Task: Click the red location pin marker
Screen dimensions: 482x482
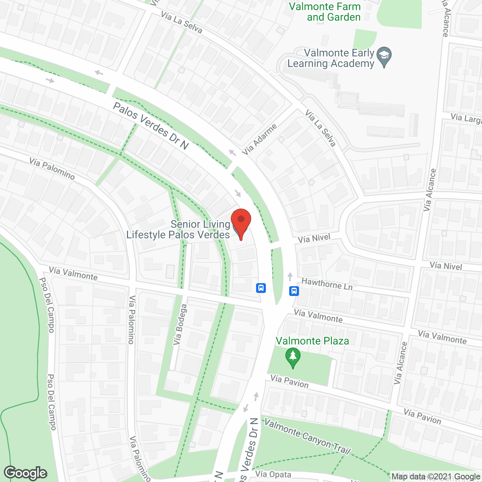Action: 241,223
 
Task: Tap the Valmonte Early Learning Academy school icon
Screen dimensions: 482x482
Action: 384,56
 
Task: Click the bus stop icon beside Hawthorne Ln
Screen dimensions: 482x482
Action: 294,291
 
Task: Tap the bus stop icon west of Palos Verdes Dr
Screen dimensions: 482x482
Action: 261,288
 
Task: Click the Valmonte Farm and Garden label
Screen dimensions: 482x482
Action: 325,12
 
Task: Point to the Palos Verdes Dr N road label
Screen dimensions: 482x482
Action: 151,126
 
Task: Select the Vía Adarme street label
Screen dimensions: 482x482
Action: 259,139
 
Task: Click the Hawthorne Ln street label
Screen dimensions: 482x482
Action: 327,284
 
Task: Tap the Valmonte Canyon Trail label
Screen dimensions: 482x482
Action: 307,436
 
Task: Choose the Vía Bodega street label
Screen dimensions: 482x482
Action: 180,325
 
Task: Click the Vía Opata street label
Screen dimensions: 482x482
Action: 273,474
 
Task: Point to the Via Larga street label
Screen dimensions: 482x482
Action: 466,118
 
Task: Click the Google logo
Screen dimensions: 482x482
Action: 26,473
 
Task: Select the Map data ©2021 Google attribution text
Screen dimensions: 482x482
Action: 436,477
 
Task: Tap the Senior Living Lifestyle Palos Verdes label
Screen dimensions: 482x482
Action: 178,229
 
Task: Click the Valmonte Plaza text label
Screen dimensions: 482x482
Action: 312,341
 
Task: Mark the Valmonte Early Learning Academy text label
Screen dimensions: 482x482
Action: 331,58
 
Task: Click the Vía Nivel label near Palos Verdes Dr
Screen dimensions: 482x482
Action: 314,238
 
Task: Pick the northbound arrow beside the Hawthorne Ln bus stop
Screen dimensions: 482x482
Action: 290,277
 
